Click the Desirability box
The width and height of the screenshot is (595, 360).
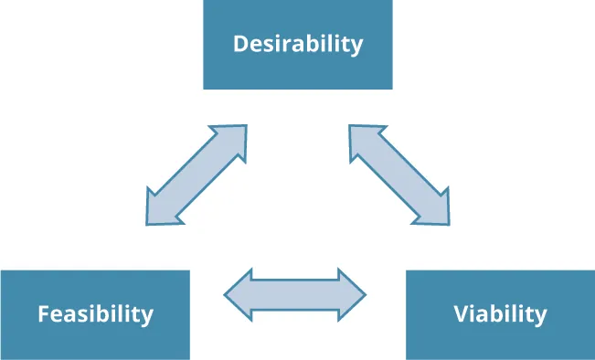point(297,45)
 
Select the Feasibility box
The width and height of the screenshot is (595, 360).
point(95,314)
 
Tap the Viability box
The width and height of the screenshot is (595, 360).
point(500,314)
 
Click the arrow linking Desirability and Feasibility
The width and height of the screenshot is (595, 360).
point(197,175)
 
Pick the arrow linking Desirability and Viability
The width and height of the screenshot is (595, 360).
point(399,175)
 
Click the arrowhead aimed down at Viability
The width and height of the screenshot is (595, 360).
point(435,209)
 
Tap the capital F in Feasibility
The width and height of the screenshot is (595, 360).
point(43,314)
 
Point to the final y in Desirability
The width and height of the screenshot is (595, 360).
point(356,47)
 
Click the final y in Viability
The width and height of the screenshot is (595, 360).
point(540,317)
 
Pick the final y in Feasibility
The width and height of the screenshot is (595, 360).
point(147,317)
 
